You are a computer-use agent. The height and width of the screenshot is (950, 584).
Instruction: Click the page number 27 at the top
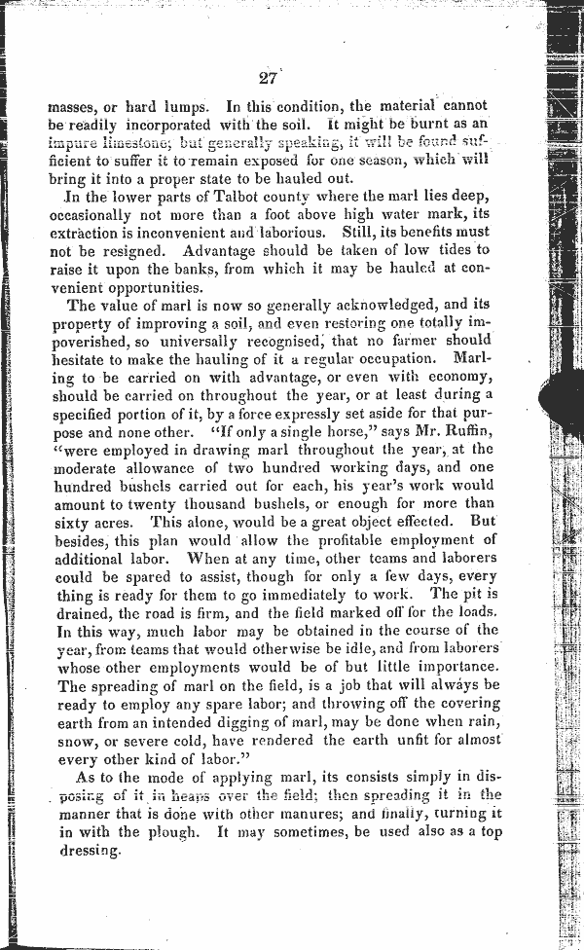(x=268, y=80)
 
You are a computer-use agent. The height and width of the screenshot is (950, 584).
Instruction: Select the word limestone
(x=129, y=142)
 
